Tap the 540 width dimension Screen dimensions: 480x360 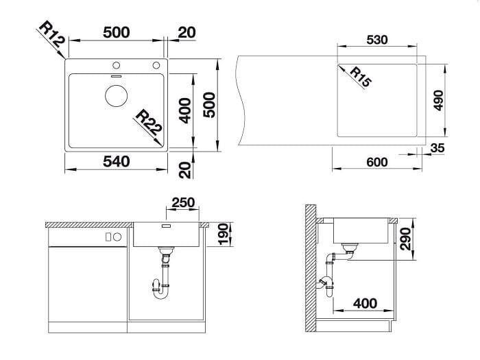pos(117,161)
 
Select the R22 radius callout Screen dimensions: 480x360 pos(149,122)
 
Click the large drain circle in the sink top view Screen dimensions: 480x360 pos(116,96)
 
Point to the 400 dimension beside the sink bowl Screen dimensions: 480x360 pos(185,111)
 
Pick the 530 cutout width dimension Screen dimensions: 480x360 pos(377,40)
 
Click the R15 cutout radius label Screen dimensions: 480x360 pos(360,77)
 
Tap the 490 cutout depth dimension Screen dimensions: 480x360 pos(438,100)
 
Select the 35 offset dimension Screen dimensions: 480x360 pos(437,148)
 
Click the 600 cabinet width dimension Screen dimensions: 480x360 pos(377,162)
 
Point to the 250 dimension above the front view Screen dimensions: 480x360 pos(183,203)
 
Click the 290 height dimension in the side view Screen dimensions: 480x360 pos(406,239)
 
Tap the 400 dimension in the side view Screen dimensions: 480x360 pos(365,303)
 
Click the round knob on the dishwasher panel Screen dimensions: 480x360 pos(117,237)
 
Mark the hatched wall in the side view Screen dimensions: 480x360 pos(311,268)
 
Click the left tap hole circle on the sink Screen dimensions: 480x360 pos(116,65)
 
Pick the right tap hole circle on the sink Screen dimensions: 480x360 pos(156,65)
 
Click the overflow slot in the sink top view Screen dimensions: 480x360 pos(117,75)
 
